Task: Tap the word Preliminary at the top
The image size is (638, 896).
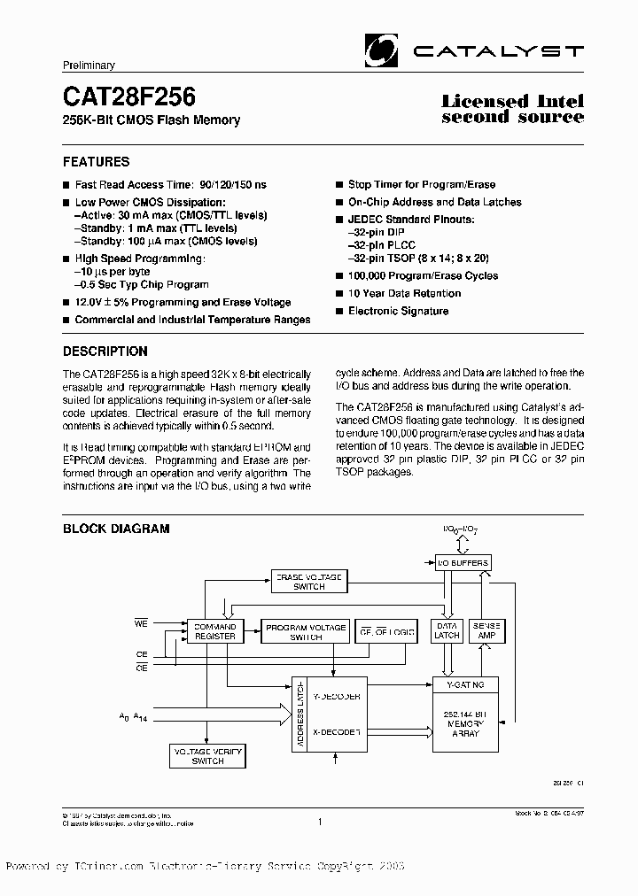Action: (x=89, y=66)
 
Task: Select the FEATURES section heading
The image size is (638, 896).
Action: (x=96, y=162)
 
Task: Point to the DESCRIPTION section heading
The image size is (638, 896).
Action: (x=105, y=351)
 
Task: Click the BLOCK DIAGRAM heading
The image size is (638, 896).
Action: (x=115, y=529)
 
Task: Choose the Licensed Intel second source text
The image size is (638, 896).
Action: (x=512, y=109)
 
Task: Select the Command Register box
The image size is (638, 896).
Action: (x=214, y=631)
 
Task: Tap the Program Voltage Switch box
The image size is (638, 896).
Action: (x=306, y=631)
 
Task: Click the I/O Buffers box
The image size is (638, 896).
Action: (x=462, y=563)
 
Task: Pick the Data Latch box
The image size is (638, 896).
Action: (x=446, y=631)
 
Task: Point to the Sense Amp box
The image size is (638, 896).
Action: (x=486, y=631)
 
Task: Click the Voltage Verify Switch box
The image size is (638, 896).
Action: (x=207, y=755)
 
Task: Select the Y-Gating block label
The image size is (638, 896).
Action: (x=464, y=684)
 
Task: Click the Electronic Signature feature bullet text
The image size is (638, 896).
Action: (x=398, y=311)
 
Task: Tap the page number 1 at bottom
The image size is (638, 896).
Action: (x=319, y=822)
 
